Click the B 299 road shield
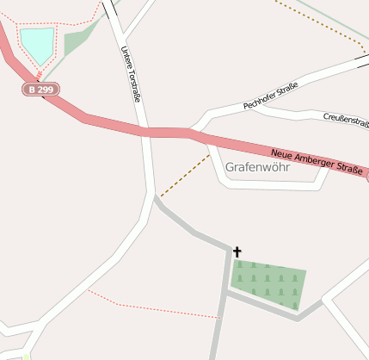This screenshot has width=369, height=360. coord(40,89)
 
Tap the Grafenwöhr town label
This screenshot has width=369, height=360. coord(257,167)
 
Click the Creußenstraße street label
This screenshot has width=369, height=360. coord(346,121)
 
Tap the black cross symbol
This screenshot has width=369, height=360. coord(237,251)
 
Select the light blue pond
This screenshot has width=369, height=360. coord(37,44)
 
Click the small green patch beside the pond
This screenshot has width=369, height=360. coord(78,39)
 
